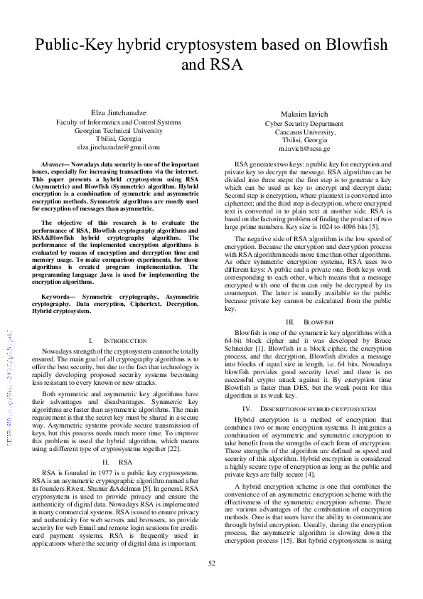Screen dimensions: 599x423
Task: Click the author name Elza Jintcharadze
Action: click(119, 113)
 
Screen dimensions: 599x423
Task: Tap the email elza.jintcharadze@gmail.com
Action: click(119, 147)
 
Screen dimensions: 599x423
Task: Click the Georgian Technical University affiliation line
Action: click(119, 130)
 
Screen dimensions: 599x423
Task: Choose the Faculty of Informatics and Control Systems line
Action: click(119, 122)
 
